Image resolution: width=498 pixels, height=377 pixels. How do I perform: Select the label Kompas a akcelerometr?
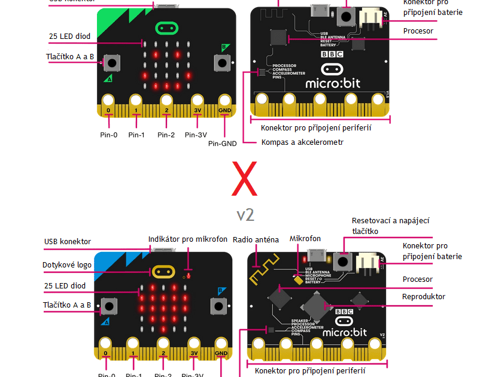pos(302,142)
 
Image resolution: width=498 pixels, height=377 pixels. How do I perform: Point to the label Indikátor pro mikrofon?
pos(188,239)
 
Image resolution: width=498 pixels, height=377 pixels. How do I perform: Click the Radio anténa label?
pos(256,240)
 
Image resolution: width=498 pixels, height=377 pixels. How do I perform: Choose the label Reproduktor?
pos(424,297)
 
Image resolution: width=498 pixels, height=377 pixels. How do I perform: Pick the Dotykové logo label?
pos(66,264)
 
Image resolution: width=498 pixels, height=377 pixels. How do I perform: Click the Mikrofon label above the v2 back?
pos(305,239)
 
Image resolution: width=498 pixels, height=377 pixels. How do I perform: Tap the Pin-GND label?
pos(223,144)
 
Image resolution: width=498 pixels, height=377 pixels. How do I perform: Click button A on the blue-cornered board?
pos(108,306)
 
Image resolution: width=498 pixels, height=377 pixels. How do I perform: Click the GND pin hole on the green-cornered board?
pos(225,101)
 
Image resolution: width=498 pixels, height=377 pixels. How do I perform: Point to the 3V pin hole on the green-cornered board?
pos(197,101)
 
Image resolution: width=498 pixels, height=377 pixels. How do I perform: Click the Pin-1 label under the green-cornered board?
pos(136,135)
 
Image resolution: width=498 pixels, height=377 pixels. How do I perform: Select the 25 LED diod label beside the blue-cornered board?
pos(64,286)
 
